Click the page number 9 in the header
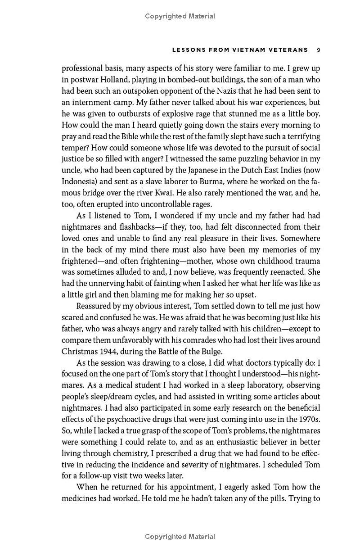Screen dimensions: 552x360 [x=318, y=50]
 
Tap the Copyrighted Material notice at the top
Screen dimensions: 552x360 [x=180, y=16]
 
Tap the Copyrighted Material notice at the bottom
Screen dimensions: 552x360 [x=180, y=536]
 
